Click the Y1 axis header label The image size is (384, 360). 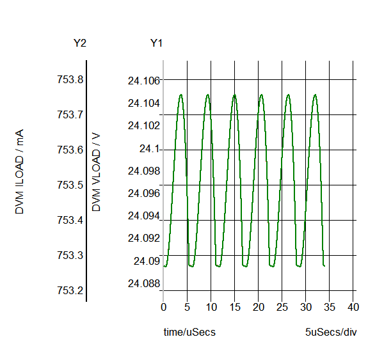[x=156, y=43]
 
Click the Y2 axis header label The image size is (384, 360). [x=80, y=43]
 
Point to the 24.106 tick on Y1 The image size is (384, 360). [x=143, y=81]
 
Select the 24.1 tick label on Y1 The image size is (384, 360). [x=150, y=149]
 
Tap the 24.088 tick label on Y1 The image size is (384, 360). [x=143, y=283]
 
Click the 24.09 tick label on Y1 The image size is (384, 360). [x=146, y=261]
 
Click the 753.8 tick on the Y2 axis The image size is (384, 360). [x=70, y=80]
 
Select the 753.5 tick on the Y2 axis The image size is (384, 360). [x=70, y=185]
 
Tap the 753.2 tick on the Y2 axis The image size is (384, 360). [x=70, y=290]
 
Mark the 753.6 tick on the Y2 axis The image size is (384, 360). [x=70, y=150]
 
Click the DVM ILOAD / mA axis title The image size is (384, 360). [x=20, y=171]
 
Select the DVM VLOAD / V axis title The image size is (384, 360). [x=97, y=171]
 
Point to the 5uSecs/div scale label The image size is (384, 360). [x=331, y=333]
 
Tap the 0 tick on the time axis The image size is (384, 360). [x=163, y=308]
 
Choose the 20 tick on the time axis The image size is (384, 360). [x=258, y=308]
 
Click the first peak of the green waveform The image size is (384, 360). [x=181, y=95]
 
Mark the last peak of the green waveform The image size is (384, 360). [x=315, y=95]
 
